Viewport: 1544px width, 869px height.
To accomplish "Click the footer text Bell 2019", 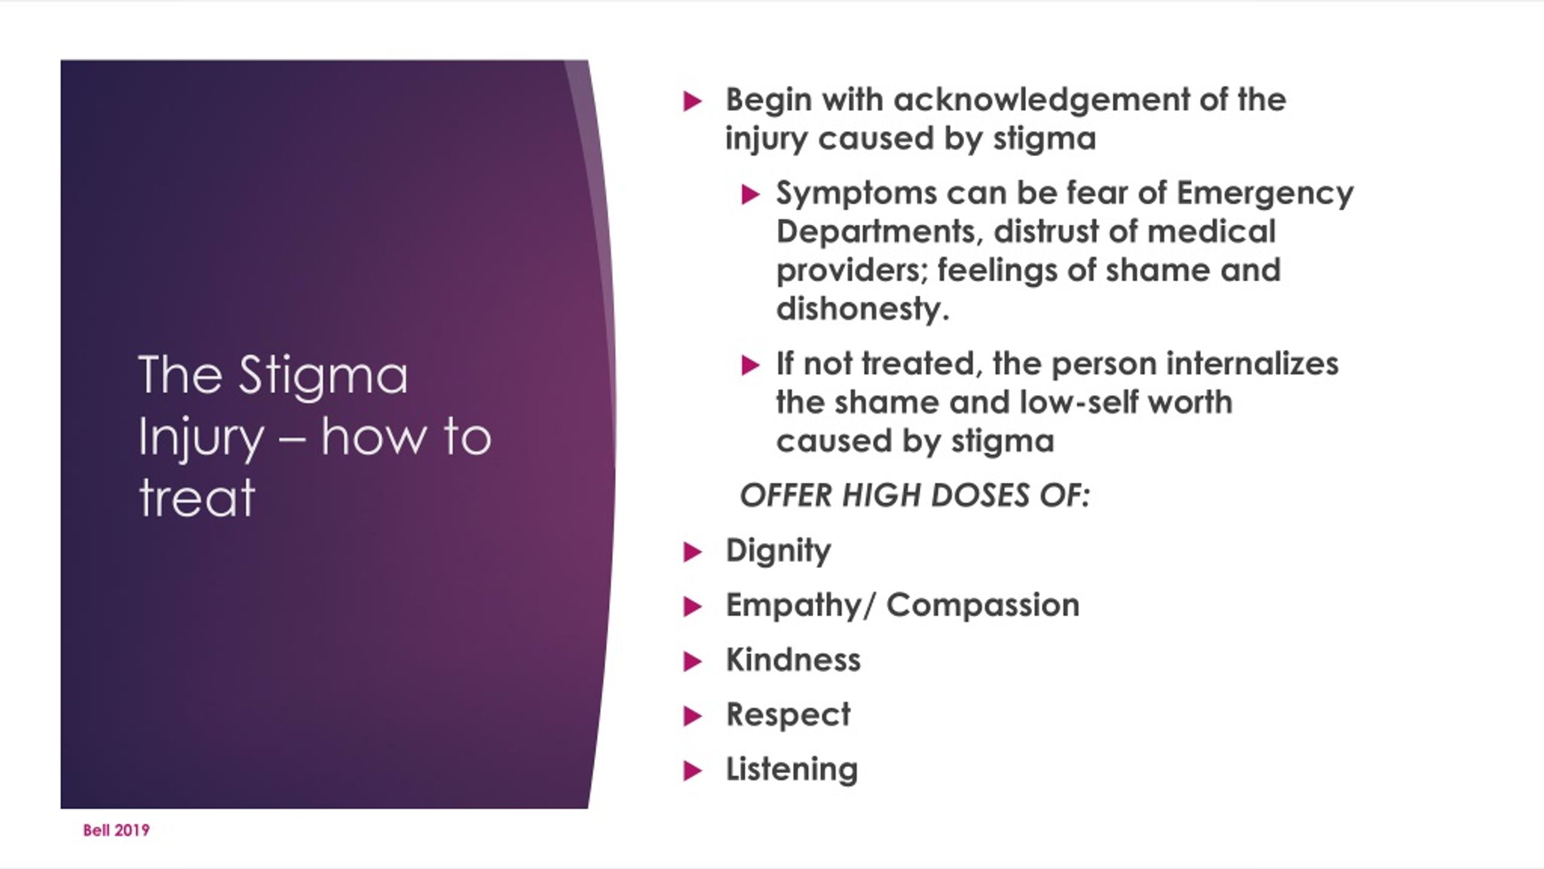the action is coord(116,830).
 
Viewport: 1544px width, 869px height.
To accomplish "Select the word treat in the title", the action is coord(197,498).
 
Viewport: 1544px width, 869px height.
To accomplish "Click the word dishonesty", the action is coord(862,310).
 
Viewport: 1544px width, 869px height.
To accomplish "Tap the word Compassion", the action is coord(982,605).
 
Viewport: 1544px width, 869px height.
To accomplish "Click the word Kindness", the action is coord(793,660).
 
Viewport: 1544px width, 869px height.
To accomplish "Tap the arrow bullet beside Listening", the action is coord(693,771).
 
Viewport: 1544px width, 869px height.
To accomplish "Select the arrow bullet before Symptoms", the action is coord(750,195).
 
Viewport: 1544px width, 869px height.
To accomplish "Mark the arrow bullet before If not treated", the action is coord(750,365).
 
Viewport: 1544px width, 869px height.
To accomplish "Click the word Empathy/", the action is coord(799,606).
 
